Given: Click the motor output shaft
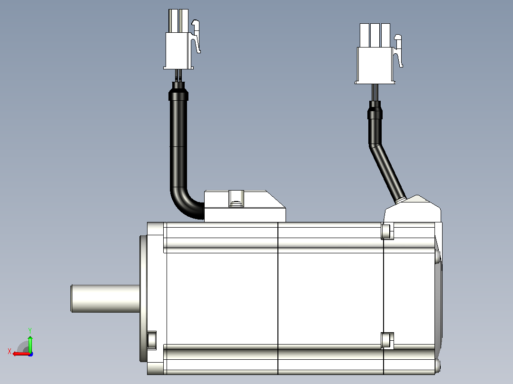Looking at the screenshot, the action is click(x=105, y=298).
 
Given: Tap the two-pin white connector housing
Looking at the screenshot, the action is click(x=178, y=39).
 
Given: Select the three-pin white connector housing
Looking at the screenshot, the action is click(x=375, y=54).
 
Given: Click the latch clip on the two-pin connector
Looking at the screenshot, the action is click(x=196, y=36).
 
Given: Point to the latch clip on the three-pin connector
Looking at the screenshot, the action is click(x=398, y=51).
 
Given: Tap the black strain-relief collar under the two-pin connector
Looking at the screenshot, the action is click(x=178, y=91).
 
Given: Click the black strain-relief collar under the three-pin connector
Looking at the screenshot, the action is click(x=375, y=110).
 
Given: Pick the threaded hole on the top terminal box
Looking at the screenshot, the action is click(x=236, y=199).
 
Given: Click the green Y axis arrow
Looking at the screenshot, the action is click(x=30, y=343).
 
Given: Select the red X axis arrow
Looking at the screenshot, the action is click(x=21, y=354).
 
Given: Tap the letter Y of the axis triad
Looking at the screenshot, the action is click(x=30, y=330).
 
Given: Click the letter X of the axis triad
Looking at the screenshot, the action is click(x=10, y=352).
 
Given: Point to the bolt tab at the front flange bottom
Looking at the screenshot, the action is click(x=152, y=340).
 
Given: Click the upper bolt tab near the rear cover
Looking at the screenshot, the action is click(x=387, y=231).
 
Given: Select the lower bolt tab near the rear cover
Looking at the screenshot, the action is click(x=387, y=341).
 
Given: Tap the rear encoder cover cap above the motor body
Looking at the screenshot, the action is click(x=413, y=209).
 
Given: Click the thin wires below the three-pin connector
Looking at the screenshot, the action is click(x=375, y=93).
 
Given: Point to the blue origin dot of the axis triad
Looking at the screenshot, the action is click(x=30, y=354).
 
